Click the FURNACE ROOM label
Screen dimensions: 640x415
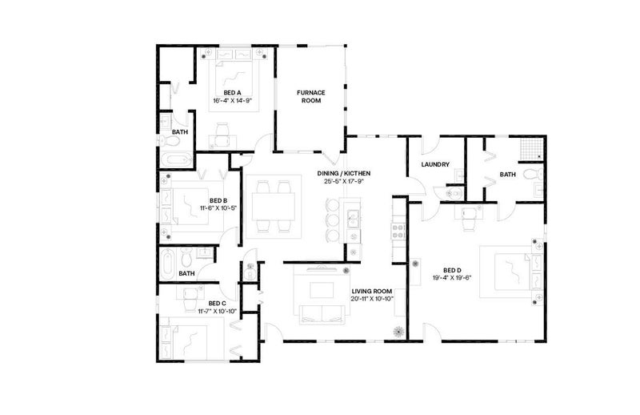(x=310, y=96)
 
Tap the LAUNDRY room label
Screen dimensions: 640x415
(x=435, y=164)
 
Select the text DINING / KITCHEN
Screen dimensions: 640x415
(x=344, y=173)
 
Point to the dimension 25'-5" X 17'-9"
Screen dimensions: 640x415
(x=344, y=181)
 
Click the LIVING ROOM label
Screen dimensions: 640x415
(x=372, y=291)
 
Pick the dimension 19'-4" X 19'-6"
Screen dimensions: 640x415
(x=452, y=278)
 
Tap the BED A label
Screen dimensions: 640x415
(x=232, y=93)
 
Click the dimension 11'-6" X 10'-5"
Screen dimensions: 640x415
(x=218, y=208)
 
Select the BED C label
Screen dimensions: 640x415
(x=217, y=304)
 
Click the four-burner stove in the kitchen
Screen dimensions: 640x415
(x=398, y=232)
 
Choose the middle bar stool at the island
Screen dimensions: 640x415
(x=333, y=220)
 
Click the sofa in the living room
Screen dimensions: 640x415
(x=322, y=314)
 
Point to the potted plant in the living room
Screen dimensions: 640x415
(x=398, y=332)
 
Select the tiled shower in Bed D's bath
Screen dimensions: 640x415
(x=532, y=148)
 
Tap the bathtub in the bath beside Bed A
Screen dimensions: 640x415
(x=176, y=160)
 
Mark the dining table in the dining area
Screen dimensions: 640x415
(x=273, y=207)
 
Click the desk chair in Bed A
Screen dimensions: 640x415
(x=222, y=135)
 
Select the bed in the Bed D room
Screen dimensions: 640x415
(x=511, y=272)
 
